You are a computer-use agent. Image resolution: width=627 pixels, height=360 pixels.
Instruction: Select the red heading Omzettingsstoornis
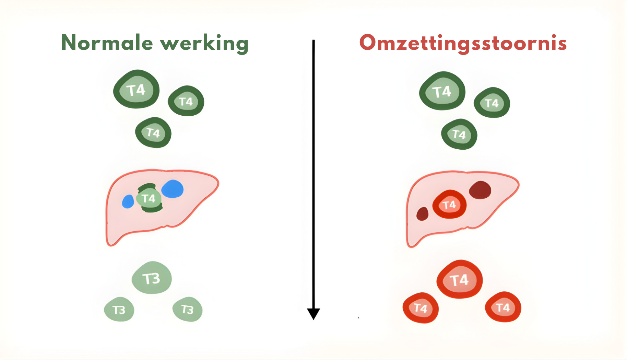coord(463,44)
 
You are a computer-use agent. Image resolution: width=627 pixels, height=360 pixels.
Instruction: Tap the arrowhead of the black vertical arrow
coord(313,313)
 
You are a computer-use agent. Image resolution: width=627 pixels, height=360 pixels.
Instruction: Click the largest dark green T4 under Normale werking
coord(137,90)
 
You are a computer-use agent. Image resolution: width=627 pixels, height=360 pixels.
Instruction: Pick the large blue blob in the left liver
coord(173,189)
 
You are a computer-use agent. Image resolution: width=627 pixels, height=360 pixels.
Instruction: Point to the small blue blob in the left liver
coord(128,201)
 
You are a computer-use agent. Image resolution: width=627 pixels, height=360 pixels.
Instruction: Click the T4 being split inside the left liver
coord(149,198)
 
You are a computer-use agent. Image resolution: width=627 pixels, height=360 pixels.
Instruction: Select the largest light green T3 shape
coord(152,278)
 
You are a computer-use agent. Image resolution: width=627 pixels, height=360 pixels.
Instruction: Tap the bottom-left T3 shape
coord(119,310)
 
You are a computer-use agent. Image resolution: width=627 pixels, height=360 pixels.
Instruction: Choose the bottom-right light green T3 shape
coord(188,309)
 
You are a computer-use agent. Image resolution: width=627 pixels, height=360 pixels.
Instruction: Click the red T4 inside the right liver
coord(449,205)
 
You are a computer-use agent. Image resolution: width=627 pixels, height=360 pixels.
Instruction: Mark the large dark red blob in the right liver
coord(480,190)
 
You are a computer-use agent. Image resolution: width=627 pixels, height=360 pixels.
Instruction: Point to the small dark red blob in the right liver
coord(422,214)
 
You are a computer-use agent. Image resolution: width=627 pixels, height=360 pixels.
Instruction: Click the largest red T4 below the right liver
coord(460,280)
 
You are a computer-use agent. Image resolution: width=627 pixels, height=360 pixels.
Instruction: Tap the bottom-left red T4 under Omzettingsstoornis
coord(421,308)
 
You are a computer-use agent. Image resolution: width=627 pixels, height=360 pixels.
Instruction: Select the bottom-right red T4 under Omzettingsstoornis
coord(503,307)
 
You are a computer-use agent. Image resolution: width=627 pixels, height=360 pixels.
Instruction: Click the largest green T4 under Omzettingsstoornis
coord(442,91)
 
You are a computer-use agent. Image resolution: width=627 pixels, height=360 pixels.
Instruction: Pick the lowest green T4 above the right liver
coord(459,134)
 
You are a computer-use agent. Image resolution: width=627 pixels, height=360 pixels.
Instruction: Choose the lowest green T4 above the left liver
coord(153,132)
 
